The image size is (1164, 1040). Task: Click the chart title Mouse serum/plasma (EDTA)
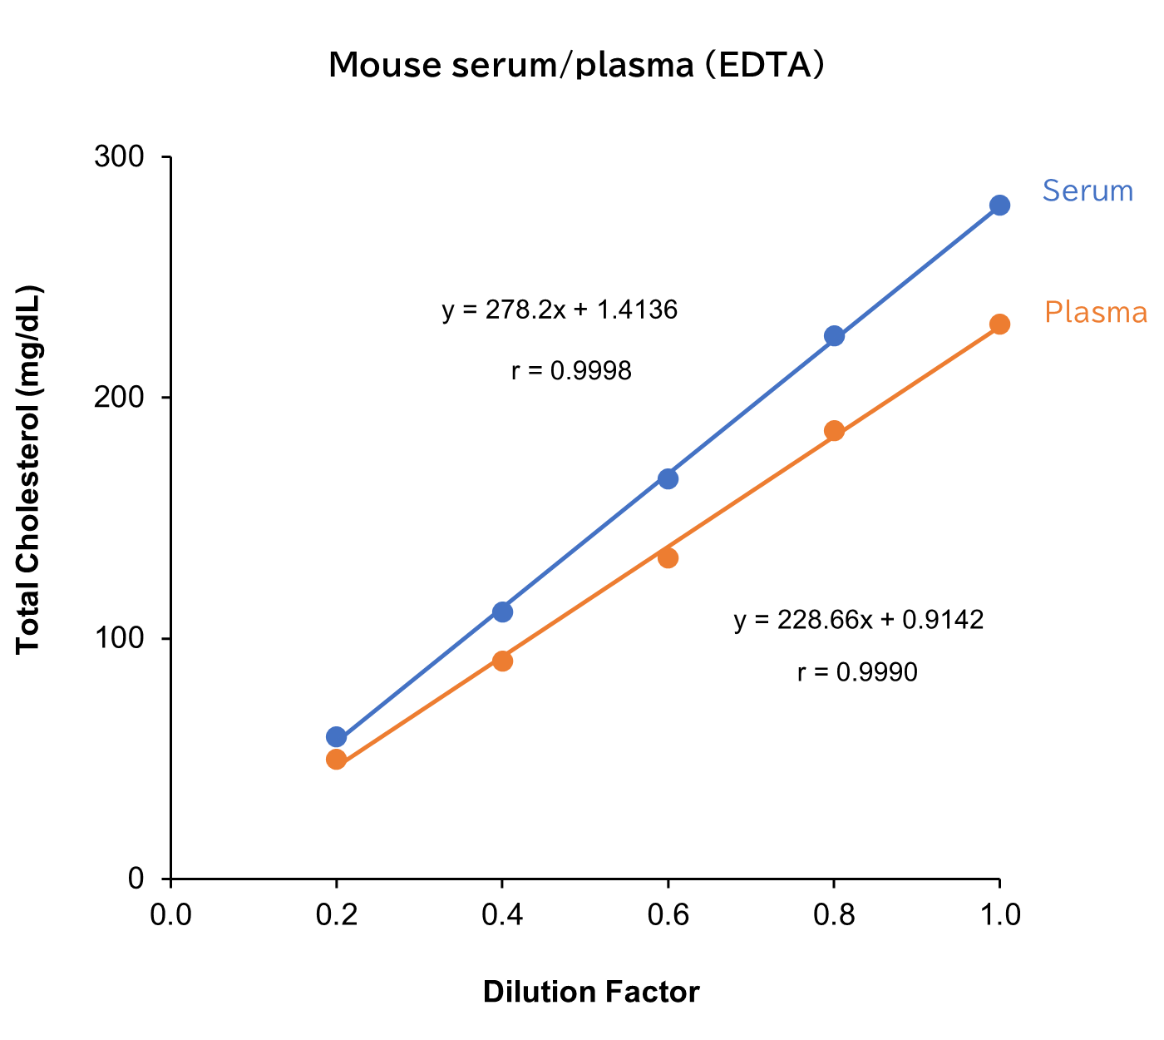(x=576, y=65)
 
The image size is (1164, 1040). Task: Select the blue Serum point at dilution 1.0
(x=999, y=206)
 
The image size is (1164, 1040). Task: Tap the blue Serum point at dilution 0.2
(x=336, y=737)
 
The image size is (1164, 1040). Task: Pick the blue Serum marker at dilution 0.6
(x=668, y=478)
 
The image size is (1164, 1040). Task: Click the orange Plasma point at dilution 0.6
(x=668, y=557)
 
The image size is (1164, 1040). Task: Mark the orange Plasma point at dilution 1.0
(x=999, y=324)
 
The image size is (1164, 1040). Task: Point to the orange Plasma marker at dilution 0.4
(x=502, y=661)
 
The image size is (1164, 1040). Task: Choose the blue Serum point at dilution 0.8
(x=834, y=336)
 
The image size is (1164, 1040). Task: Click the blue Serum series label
(x=1088, y=191)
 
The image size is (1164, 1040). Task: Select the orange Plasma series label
(x=1095, y=313)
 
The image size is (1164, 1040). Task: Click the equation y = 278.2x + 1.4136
(x=560, y=310)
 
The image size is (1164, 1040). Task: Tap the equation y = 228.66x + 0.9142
(x=858, y=620)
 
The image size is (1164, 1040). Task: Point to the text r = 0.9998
(x=571, y=370)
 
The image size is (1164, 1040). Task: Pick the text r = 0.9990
(x=857, y=672)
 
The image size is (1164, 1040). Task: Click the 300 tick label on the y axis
(x=119, y=157)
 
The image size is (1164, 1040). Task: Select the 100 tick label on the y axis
(x=119, y=638)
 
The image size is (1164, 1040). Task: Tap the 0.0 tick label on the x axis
(x=170, y=915)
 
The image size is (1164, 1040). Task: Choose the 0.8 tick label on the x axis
(x=834, y=915)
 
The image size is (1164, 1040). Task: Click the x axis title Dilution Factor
(x=591, y=993)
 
